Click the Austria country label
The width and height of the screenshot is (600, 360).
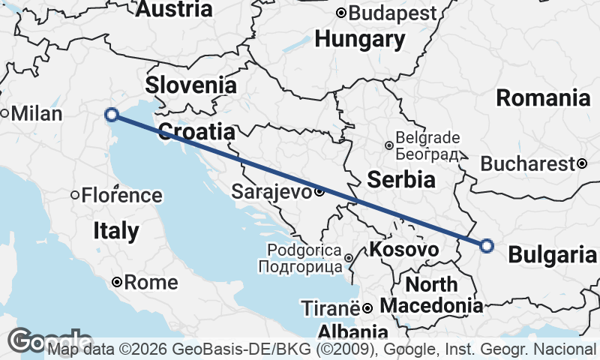(174, 9)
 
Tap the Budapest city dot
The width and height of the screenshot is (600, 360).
(340, 13)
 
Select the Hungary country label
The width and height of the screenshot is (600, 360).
(361, 38)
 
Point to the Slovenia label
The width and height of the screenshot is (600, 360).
(190, 85)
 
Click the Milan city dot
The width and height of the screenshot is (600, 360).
(4, 114)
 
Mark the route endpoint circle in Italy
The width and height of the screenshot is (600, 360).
(112, 115)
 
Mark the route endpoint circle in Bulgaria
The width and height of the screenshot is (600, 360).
(487, 245)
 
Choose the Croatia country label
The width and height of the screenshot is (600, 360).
(196, 132)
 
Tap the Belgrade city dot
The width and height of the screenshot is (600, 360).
(389, 145)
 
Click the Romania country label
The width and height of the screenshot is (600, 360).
(543, 97)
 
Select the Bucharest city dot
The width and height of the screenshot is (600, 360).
(582, 163)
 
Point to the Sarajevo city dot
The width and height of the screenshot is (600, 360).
(319, 191)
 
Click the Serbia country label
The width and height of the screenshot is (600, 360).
(400, 179)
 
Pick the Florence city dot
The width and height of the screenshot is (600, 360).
(75, 196)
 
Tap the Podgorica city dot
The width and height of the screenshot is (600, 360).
(349, 258)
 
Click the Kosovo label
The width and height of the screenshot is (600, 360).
(405, 249)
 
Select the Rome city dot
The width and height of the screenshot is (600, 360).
(117, 283)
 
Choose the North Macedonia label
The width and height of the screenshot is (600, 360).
(431, 295)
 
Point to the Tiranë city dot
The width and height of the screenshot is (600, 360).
(367, 308)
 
